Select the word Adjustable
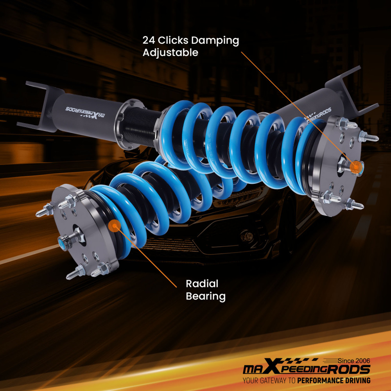pos(170,52)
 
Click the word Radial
pos(202,283)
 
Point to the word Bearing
pos(206,296)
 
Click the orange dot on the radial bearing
pos(115,225)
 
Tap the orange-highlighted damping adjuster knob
pos(355,167)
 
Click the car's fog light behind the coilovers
pos(247,236)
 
